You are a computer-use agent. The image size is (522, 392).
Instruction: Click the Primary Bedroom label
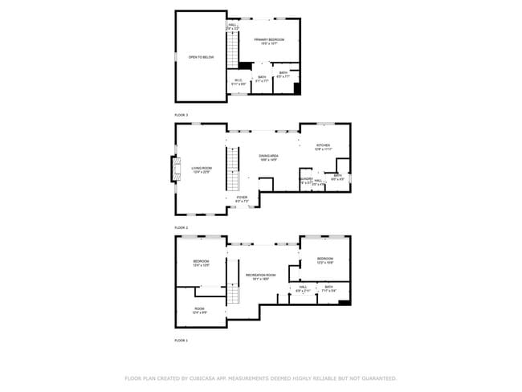(266, 40)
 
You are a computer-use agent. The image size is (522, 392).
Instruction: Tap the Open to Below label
(201, 58)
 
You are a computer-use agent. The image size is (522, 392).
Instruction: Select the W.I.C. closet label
(239, 80)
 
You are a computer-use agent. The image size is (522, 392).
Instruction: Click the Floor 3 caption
(181, 116)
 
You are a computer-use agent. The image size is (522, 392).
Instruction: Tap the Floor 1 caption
(181, 341)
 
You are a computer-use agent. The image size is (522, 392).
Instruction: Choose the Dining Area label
(268, 157)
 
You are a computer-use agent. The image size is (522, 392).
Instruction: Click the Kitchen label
(322, 147)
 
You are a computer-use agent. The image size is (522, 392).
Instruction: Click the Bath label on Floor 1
(328, 287)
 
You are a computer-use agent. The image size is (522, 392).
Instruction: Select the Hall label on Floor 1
(303, 287)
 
